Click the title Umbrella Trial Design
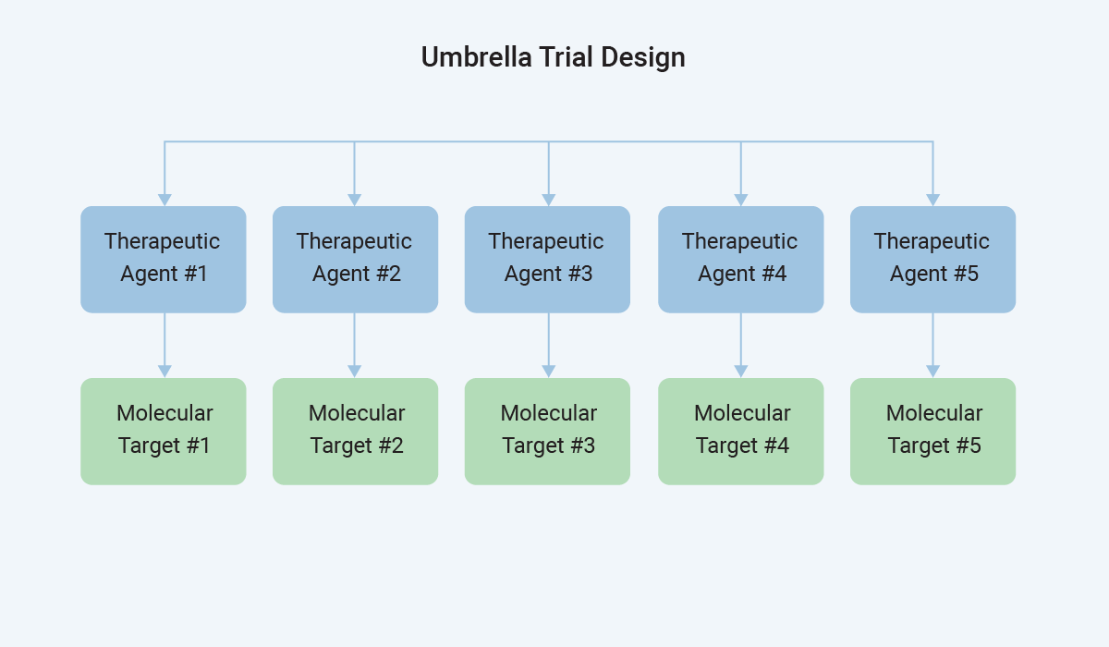pos(553,57)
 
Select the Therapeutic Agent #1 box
pos(164,259)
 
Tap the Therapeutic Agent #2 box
pos(355,259)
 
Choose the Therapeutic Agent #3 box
pos(547,259)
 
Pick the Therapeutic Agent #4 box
pos(740,259)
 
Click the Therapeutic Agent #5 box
pos(932,259)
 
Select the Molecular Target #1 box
pos(164,431)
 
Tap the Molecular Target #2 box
pos(355,431)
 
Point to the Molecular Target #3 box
pos(547,431)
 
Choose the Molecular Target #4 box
pos(740,431)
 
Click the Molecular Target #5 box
pos(932,431)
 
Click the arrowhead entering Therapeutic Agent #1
pos(165,200)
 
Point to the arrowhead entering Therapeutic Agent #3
pos(549,200)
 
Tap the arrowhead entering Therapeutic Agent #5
pos(932,200)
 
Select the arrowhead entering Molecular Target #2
pos(354,372)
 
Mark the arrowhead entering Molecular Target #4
pos(740,372)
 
